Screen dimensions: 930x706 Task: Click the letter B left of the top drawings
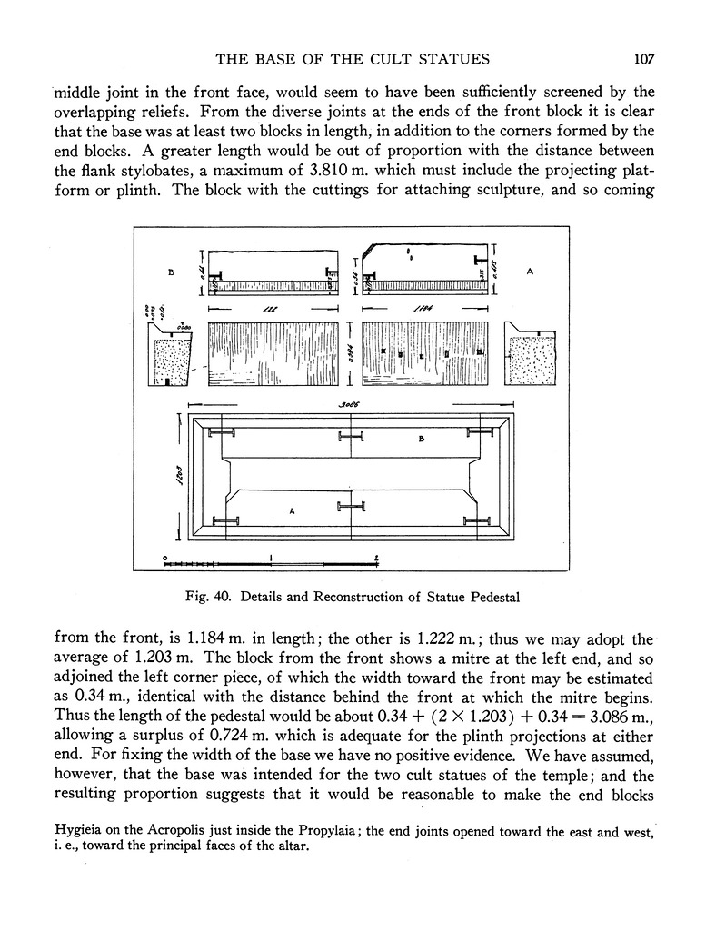tap(170, 271)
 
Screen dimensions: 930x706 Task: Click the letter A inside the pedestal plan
tap(293, 511)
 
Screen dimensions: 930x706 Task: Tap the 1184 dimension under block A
tap(423, 312)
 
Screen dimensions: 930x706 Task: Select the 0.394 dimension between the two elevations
tap(350, 356)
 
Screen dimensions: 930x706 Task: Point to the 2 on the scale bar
tap(376, 556)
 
